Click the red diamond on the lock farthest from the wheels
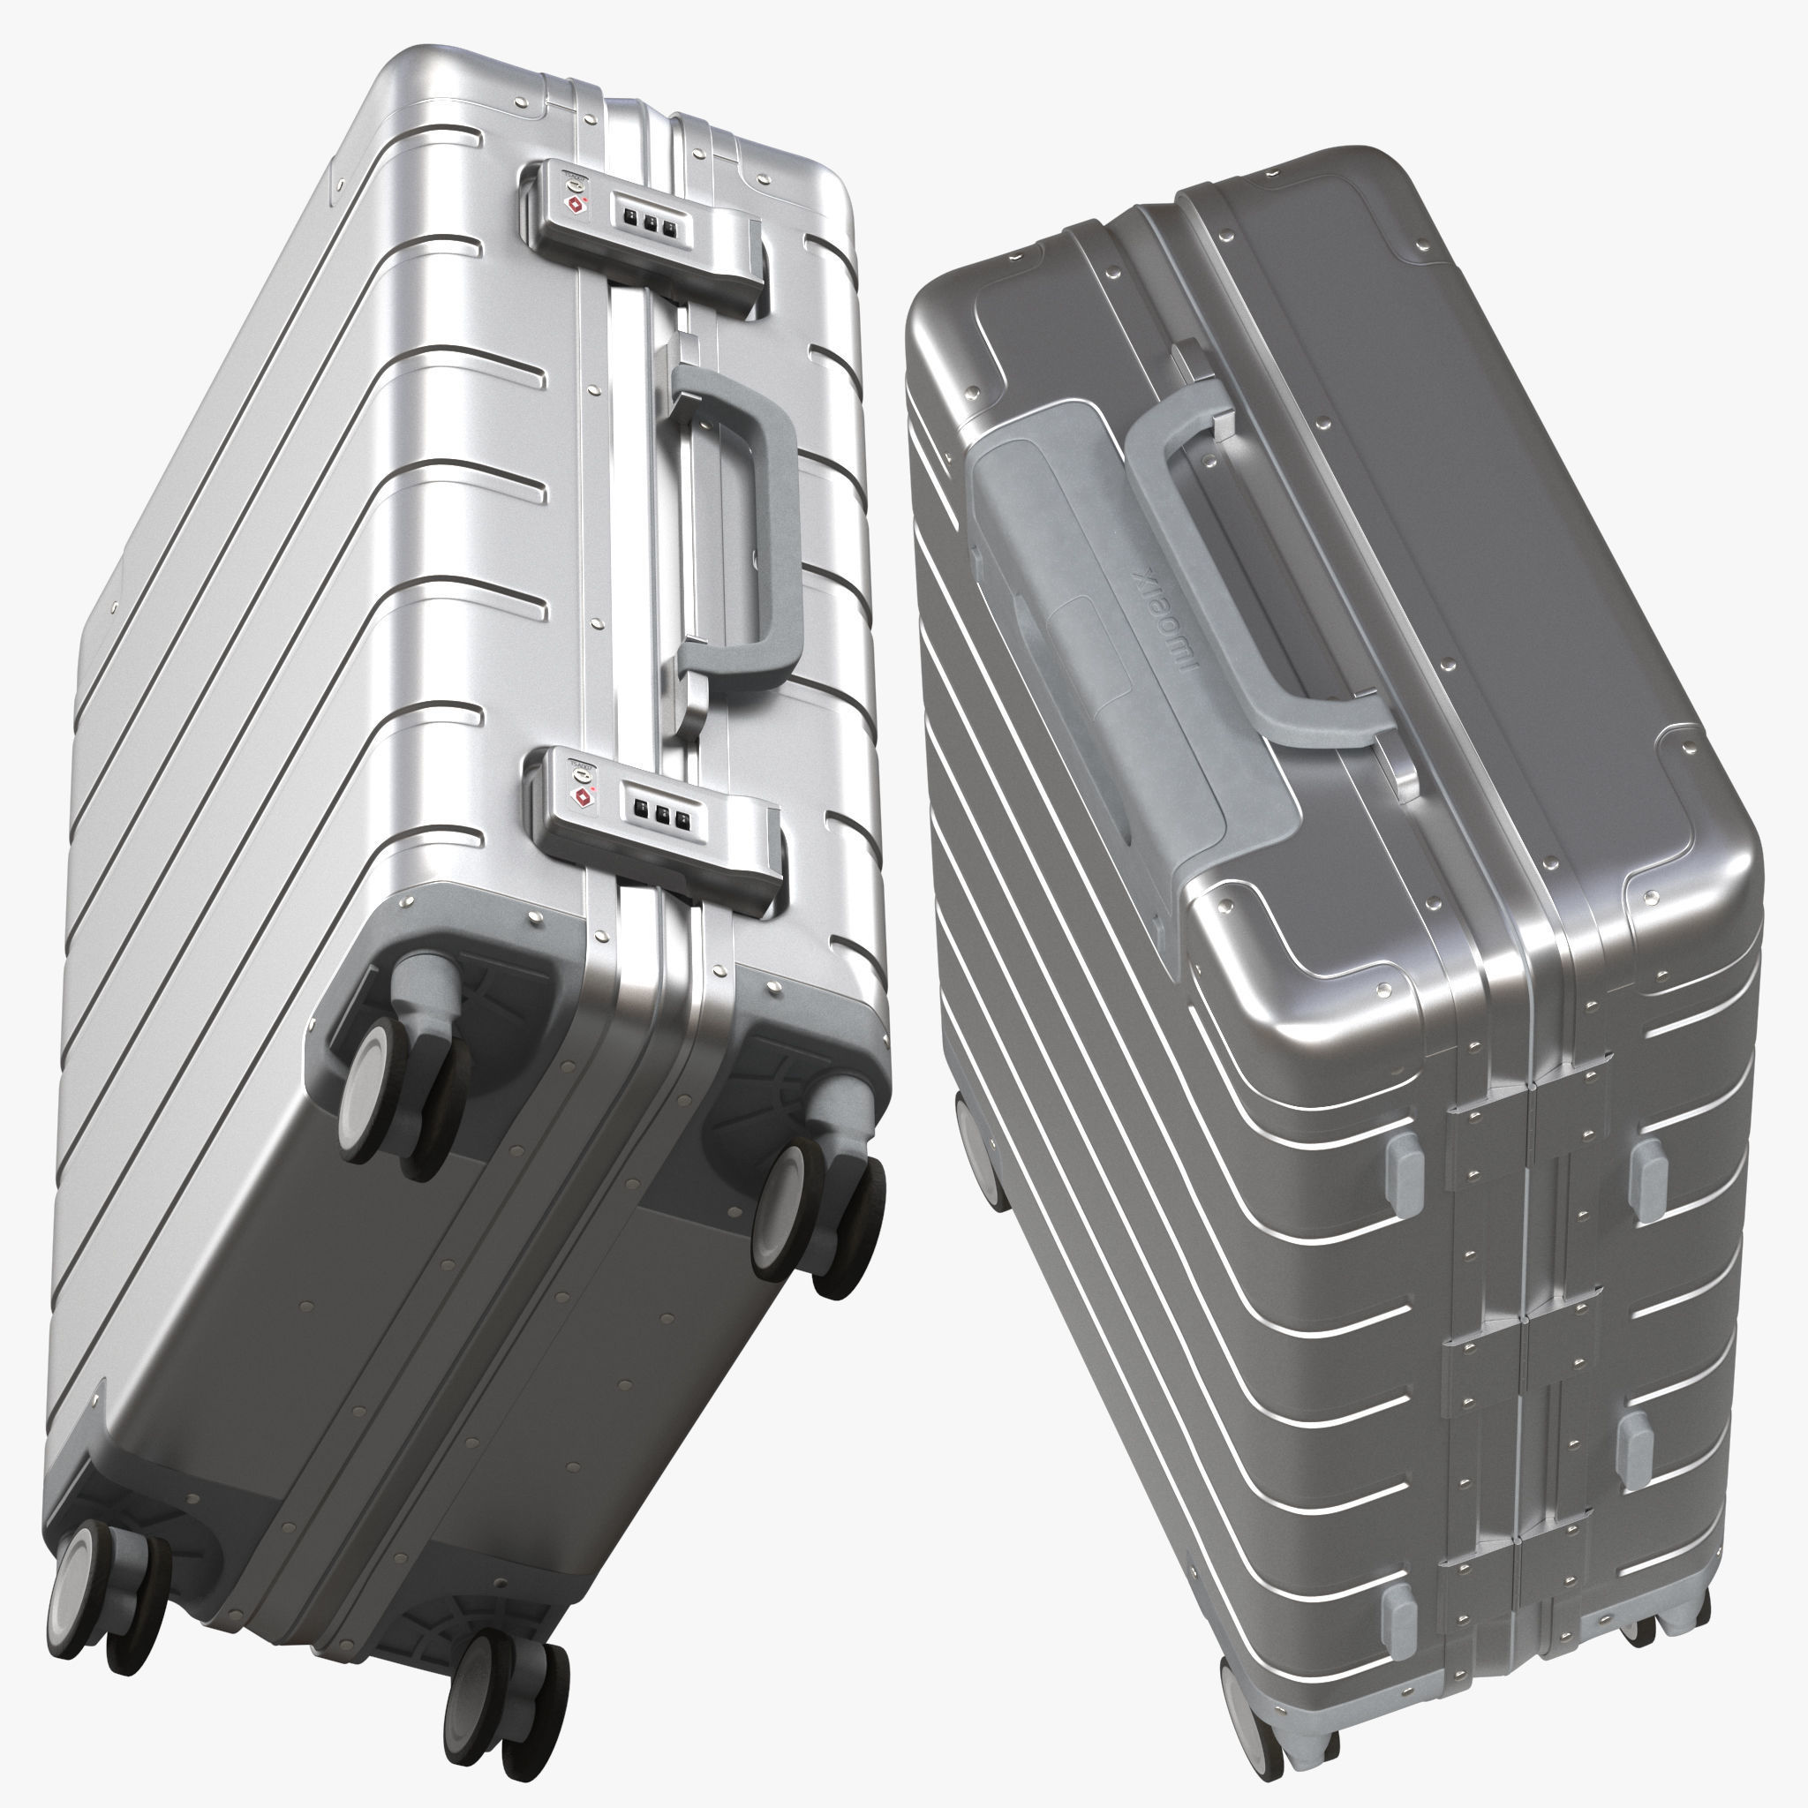(x=574, y=204)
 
